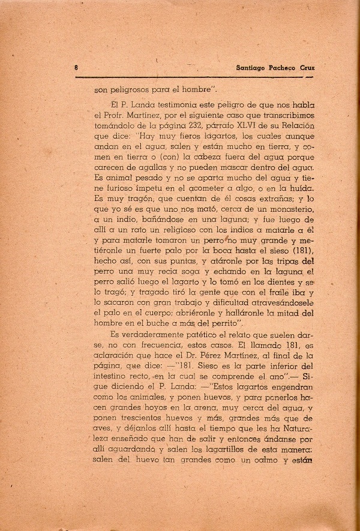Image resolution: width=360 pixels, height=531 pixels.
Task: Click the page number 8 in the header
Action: (76, 68)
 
